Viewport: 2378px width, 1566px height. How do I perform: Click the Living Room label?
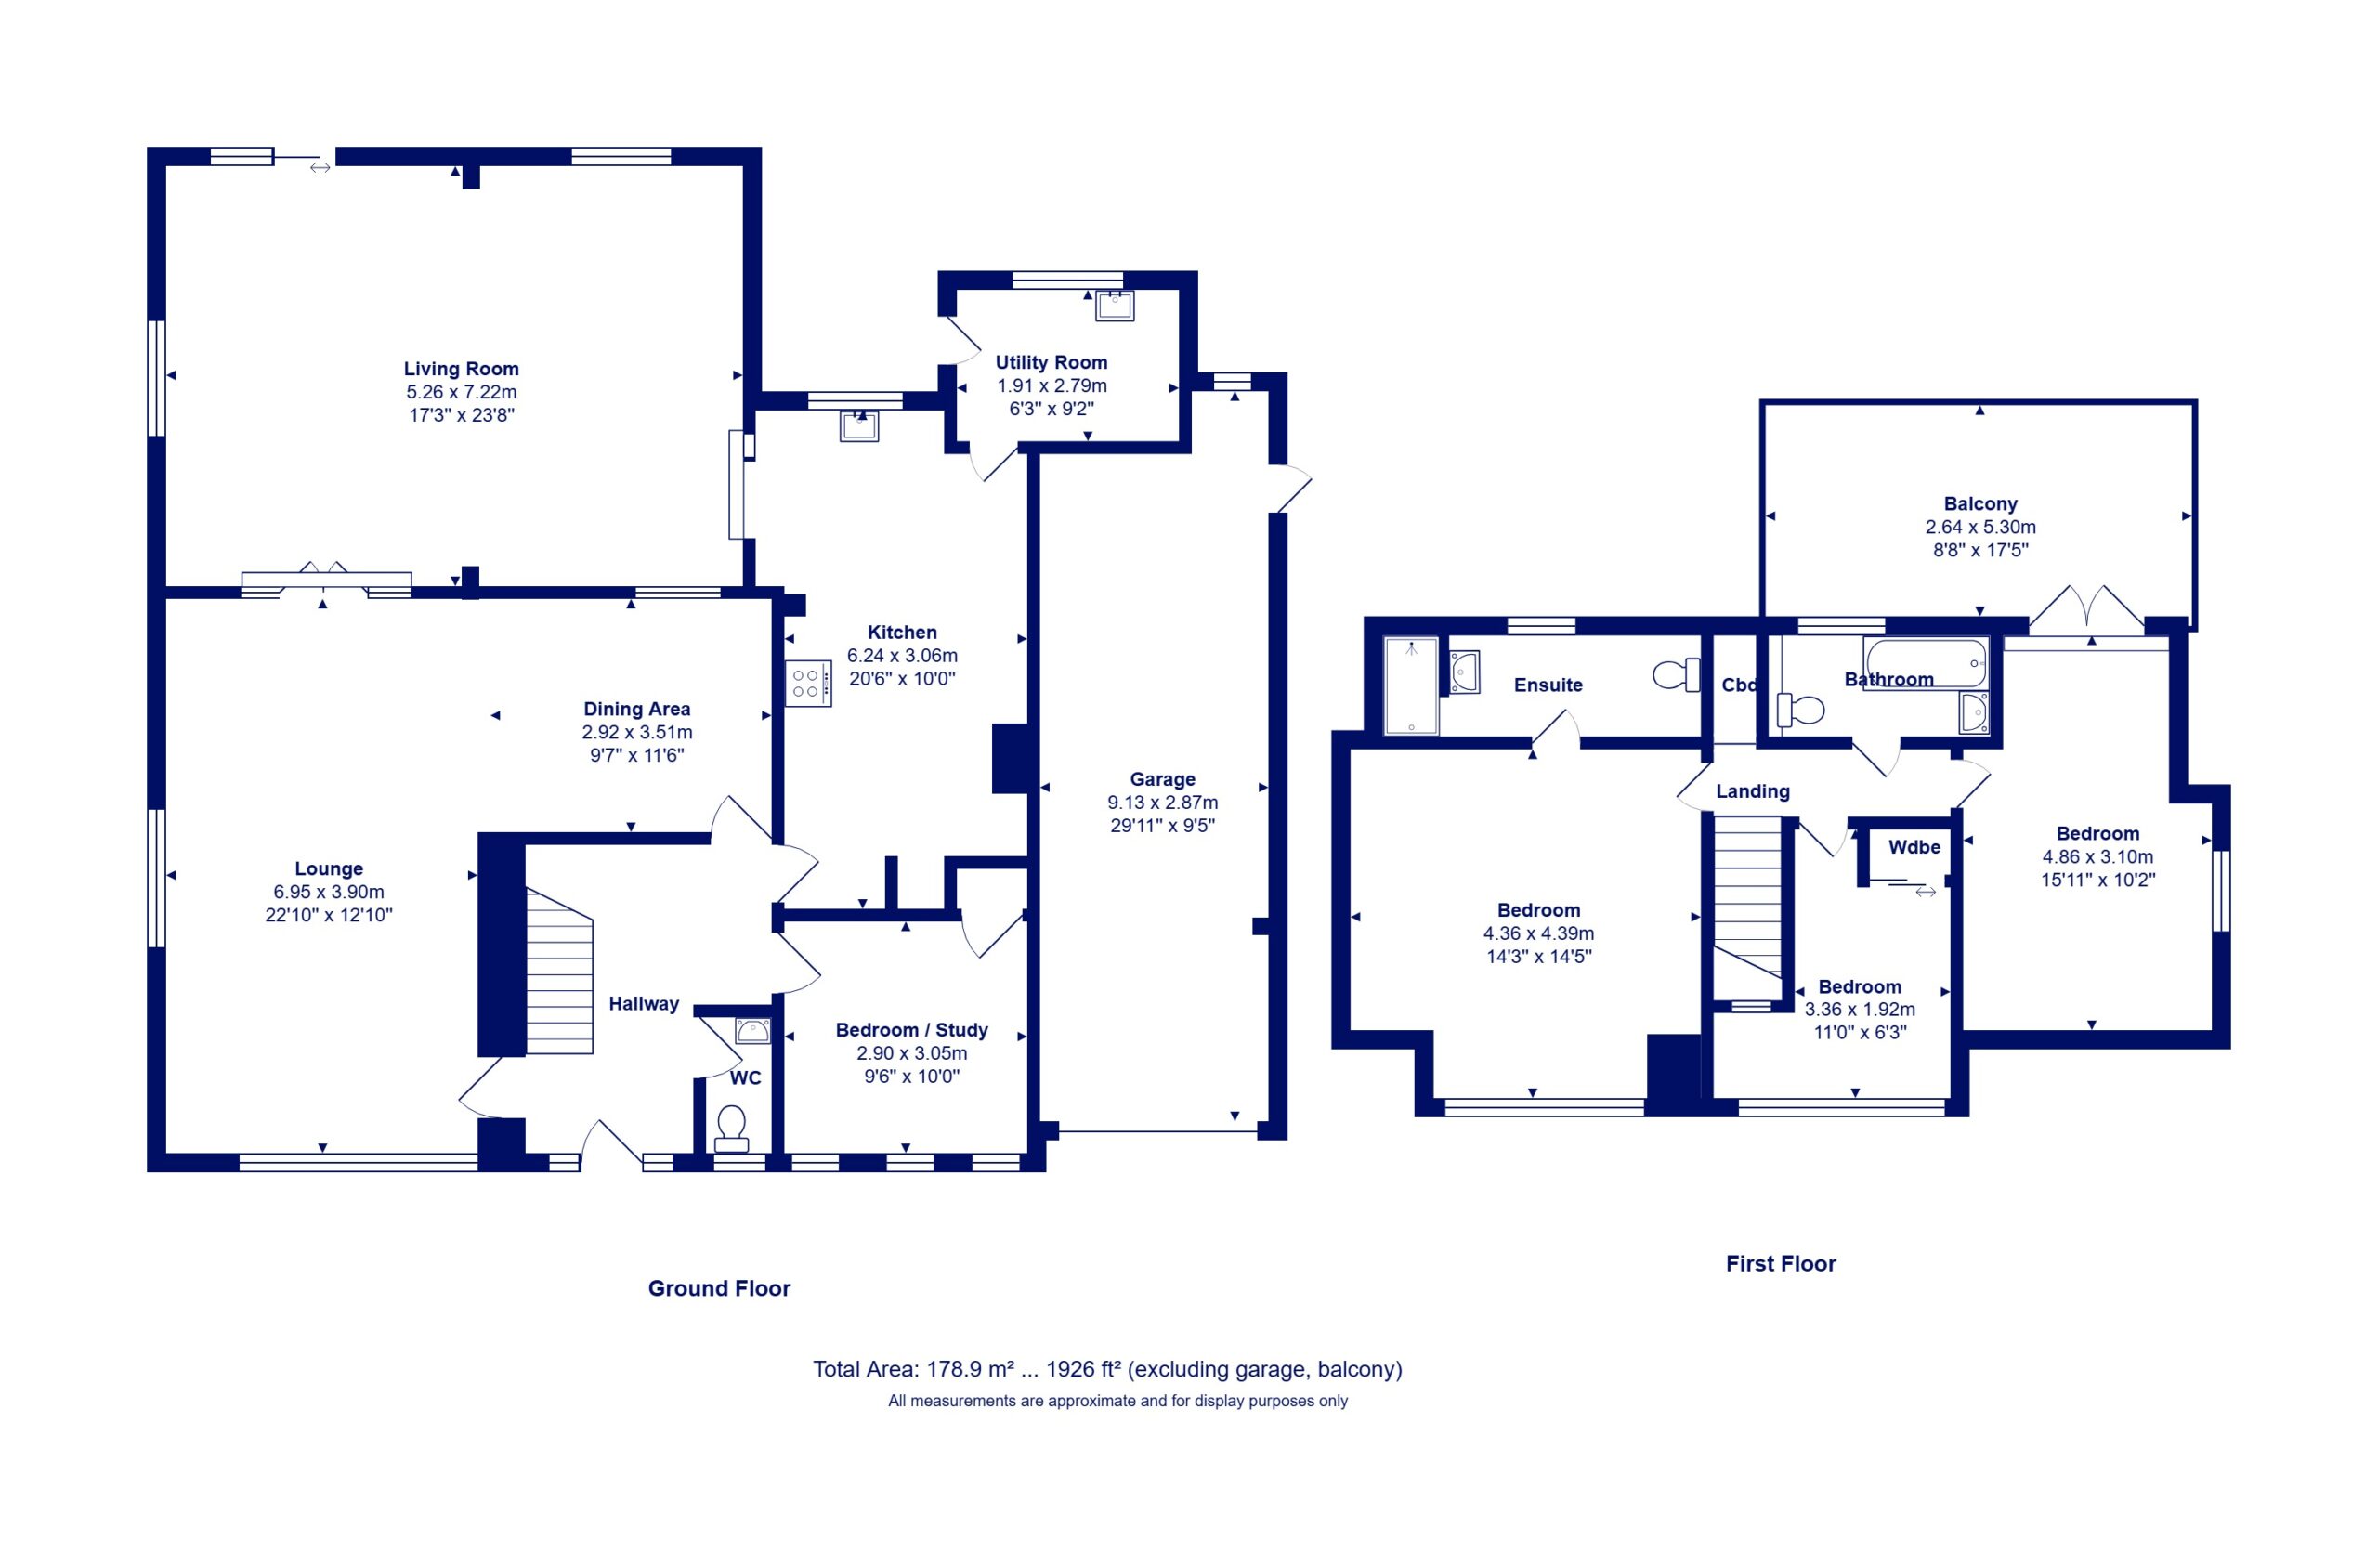[x=461, y=369]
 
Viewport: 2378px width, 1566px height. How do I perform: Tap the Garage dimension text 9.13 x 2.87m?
[x=1162, y=803]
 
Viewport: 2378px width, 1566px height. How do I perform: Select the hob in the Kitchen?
[x=808, y=684]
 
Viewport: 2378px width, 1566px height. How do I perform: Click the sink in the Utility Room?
[x=1114, y=305]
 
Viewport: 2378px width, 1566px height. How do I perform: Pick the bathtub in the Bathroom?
[x=1926, y=662]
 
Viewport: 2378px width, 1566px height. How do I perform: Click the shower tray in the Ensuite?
[x=1411, y=685]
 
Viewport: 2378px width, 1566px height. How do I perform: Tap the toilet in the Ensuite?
[x=1677, y=674]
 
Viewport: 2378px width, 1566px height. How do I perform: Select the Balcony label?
[x=1980, y=503]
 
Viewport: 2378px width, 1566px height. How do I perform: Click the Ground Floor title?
[x=719, y=1288]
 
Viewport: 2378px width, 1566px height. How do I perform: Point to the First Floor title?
[x=1781, y=1263]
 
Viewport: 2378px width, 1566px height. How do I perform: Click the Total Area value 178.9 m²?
[x=970, y=1369]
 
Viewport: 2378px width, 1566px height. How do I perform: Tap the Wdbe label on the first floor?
[x=1914, y=846]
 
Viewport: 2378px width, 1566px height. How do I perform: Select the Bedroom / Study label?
[x=911, y=1029]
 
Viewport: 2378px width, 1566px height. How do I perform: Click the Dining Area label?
[x=636, y=709]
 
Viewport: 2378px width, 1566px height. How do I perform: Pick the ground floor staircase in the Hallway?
[x=559, y=971]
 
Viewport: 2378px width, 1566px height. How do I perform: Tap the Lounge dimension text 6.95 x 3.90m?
[x=329, y=892]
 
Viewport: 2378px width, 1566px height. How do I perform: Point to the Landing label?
[x=1753, y=791]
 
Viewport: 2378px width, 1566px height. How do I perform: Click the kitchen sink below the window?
[x=859, y=425]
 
